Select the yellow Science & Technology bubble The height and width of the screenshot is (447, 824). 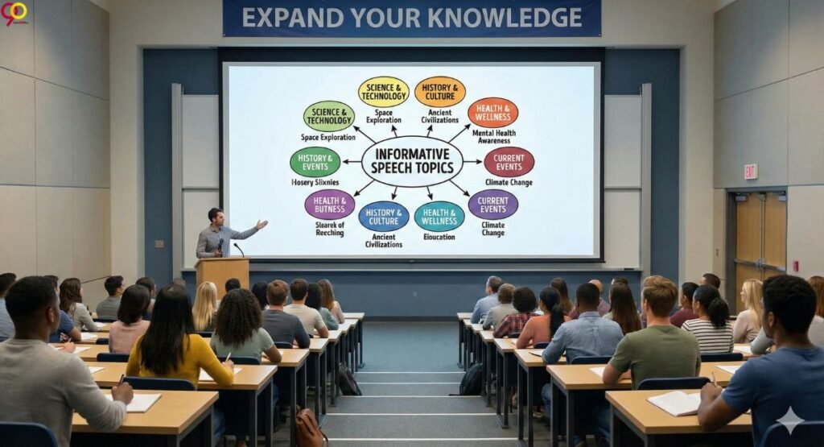pyautogui.click(x=383, y=91)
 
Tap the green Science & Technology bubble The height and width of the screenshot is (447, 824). pyautogui.click(x=328, y=116)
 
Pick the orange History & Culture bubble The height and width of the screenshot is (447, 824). pyautogui.click(x=439, y=91)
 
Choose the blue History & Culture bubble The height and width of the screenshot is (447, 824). pyautogui.click(x=383, y=216)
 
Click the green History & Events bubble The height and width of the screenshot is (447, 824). pyautogui.click(x=315, y=162)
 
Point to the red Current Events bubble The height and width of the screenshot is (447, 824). pyautogui.click(x=509, y=162)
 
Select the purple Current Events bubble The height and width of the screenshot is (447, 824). pyautogui.click(x=492, y=205)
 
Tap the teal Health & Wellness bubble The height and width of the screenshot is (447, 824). pyautogui.click(x=439, y=216)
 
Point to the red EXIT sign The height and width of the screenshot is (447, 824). pyautogui.click(x=750, y=171)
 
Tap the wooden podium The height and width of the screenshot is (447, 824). pyautogui.click(x=221, y=274)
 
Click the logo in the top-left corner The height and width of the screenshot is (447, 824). pyautogui.click(x=14, y=13)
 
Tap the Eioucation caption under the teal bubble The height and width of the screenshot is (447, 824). pyautogui.click(x=439, y=237)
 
